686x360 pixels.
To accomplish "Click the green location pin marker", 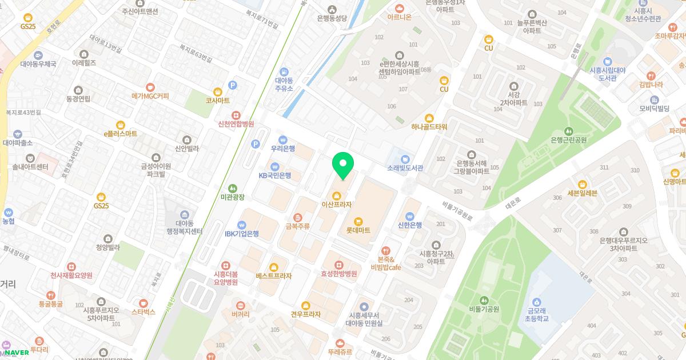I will click(x=343, y=165).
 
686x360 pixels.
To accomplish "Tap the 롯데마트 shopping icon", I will click(x=358, y=221).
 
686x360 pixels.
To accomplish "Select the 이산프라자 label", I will click(x=336, y=204).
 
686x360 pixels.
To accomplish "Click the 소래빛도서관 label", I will click(x=405, y=168).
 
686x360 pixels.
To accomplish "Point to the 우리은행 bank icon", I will click(x=282, y=139).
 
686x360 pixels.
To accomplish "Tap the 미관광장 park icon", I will click(x=232, y=187).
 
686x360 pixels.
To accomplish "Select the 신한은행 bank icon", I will click(x=409, y=216).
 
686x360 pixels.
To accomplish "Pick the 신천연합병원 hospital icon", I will click(x=236, y=114).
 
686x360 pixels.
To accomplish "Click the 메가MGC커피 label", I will click(x=150, y=95).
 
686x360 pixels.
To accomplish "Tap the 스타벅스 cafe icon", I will click(x=143, y=303).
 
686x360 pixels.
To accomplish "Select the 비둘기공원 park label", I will click(x=484, y=309).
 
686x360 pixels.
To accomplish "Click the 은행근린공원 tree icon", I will click(x=568, y=131).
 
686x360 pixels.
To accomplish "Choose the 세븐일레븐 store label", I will click(x=582, y=193).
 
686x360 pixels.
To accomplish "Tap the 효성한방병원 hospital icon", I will click(x=339, y=265).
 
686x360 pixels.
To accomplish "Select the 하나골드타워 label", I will click(x=429, y=126).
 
